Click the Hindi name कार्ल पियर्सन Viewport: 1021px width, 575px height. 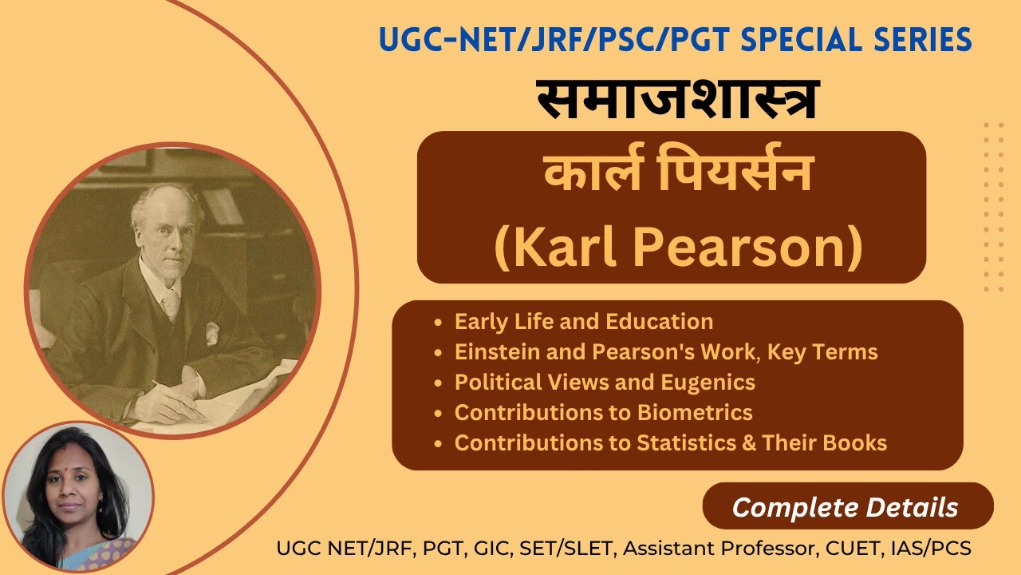[677, 174]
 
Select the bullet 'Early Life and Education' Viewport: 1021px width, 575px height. [583, 322]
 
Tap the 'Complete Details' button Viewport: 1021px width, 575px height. [845, 507]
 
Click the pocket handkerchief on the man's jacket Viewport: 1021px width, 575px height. [211, 330]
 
